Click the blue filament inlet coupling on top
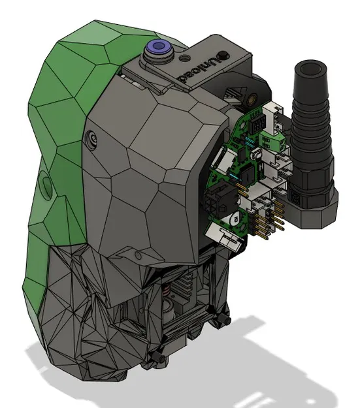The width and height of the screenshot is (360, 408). pyautogui.click(x=159, y=48)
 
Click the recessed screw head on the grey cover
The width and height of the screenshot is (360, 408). pyautogui.click(x=93, y=138)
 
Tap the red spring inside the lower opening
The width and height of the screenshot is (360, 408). pyautogui.click(x=166, y=287)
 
